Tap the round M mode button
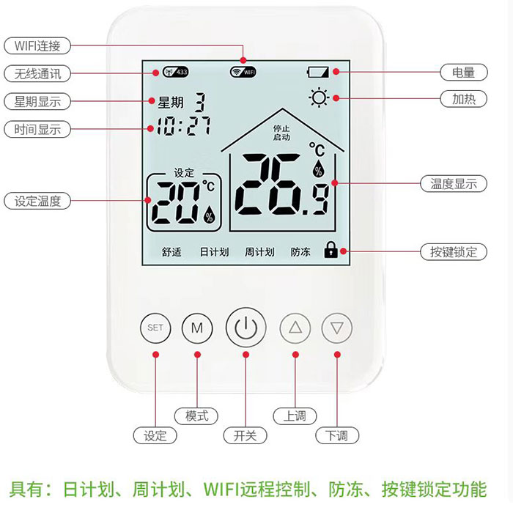coord(196,328)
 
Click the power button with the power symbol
coord(246,328)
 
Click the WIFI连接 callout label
coord(43,45)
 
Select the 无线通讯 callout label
coord(37,73)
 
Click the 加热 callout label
coord(464,98)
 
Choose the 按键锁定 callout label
coord(454,251)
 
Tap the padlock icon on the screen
coord(331,251)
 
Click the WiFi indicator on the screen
coord(243,72)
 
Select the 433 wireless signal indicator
coord(176,72)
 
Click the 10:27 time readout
coord(183,127)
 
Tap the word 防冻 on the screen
coord(300,251)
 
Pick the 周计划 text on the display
coord(259,251)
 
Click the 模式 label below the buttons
coord(196,416)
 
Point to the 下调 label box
coord(336,435)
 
